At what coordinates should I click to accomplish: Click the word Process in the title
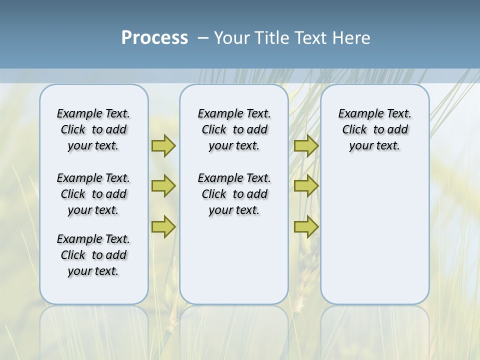coord(154,38)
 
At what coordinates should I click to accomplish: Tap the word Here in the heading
coord(350,38)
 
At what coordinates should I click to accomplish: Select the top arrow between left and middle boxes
coord(163,145)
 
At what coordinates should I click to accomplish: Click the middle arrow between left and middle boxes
coord(163,186)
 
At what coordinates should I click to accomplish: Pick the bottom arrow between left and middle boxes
coord(163,227)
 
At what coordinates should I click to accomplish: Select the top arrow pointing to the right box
coord(306,145)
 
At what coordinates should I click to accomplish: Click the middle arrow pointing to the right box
coord(306,186)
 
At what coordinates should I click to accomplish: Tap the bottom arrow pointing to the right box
coord(306,227)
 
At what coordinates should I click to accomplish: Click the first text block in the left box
coord(93,129)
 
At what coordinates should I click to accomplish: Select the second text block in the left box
coord(93,194)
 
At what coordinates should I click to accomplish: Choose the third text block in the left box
coord(93,255)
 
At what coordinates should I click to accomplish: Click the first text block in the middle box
coord(234,129)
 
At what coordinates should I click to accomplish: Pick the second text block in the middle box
coord(234,194)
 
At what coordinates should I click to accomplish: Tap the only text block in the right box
coord(374,129)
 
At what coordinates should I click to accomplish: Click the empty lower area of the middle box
coord(234,260)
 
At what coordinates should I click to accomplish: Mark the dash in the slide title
coord(203,38)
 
